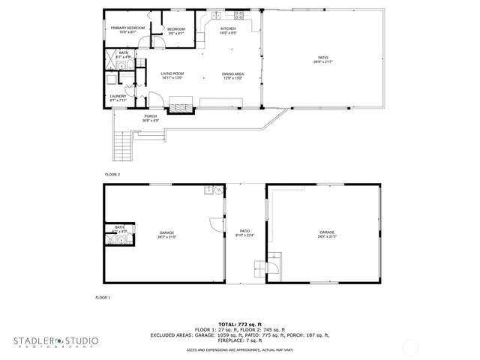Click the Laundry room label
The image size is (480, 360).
(118, 97)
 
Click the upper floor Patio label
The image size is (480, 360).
(322, 59)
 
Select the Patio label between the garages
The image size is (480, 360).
(244, 232)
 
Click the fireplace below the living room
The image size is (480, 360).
(179, 108)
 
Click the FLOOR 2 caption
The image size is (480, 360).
(112, 174)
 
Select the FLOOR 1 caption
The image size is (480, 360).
(103, 298)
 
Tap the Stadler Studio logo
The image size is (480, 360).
(55, 342)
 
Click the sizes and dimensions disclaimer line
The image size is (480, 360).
(239, 349)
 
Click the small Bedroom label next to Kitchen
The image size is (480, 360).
(176, 30)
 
